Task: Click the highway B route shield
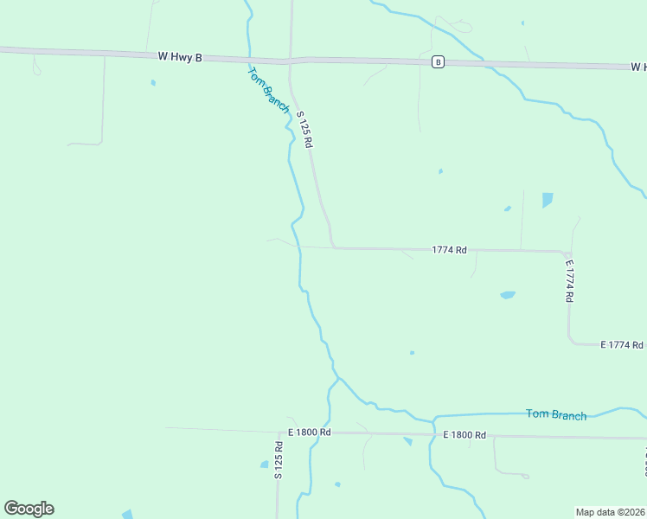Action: pos(439,61)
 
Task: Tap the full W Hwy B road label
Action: pos(180,57)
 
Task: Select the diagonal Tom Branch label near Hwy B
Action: pos(268,87)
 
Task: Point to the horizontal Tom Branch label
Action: pos(556,415)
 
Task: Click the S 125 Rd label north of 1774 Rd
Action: pos(304,129)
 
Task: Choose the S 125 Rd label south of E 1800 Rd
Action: pos(279,460)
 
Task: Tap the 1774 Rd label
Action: pos(450,250)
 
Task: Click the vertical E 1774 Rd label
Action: pos(569,280)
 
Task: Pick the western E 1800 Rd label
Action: pos(310,432)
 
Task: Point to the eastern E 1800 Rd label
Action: pos(464,435)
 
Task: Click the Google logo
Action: pos(29,509)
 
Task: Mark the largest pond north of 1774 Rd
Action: pos(547,200)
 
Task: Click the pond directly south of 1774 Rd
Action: pos(508,295)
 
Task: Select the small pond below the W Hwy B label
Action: pos(153,83)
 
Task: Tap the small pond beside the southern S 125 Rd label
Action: pos(265,465)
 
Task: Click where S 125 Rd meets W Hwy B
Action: pos(290,61)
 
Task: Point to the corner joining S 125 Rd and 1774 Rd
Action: pos(333,247)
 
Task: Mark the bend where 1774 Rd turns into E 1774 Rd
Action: pos(567,253)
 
